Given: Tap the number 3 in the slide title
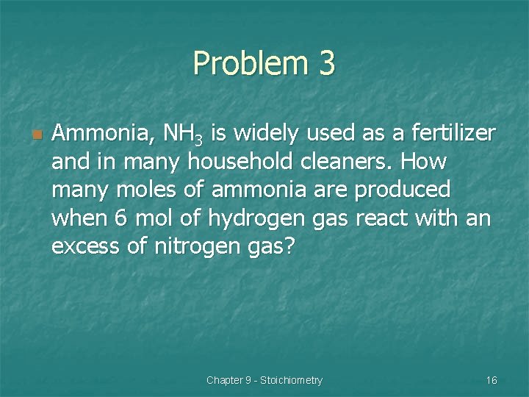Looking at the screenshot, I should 327,64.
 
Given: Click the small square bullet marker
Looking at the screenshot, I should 37,135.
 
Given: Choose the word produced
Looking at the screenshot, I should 403,190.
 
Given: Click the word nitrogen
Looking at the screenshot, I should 192,247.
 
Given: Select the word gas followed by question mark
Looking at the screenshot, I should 273,247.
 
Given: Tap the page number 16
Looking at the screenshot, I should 492,380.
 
